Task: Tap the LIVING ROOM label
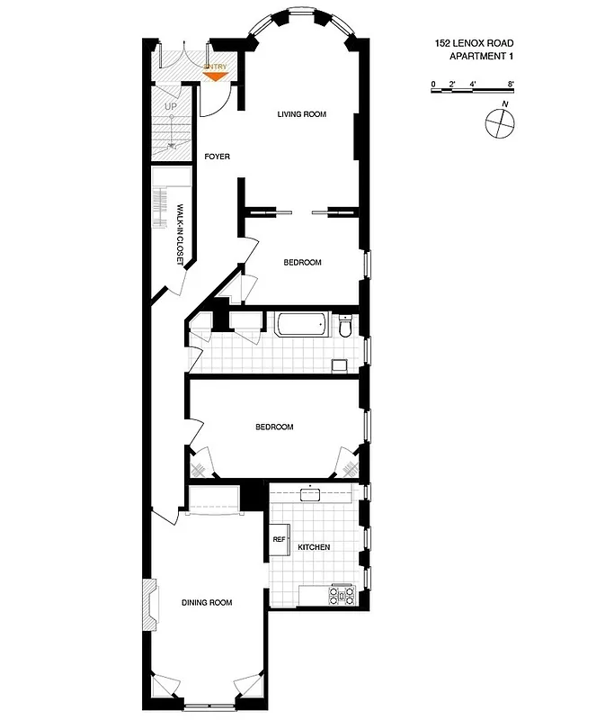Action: [301, 114]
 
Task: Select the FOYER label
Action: [218, 157]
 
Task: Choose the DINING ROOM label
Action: [207, 603]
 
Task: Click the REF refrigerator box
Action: [279, 540]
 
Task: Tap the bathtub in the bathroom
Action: [303, 325]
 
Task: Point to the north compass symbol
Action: [500, 123]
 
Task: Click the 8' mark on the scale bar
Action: [511, 84]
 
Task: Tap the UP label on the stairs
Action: [171, 107]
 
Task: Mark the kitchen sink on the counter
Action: [315, 493]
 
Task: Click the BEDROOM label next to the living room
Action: [302, 263]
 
